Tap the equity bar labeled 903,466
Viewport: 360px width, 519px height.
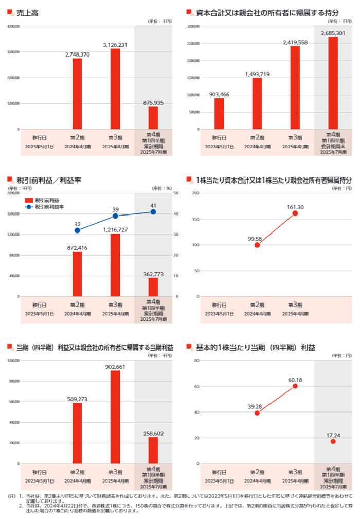coord(219,114)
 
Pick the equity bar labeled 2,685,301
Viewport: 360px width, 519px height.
coord(333,83)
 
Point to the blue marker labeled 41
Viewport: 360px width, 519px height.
coord(153,212)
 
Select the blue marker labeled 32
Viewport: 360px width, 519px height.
coord(77,230)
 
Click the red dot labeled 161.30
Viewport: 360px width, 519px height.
coord(295,213)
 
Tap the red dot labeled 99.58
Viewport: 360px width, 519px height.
coord(257,245)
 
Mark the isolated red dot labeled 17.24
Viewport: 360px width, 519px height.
coord(333,441)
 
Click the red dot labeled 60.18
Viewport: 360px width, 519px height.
coord(295,386)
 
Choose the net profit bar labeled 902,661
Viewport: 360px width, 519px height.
coord(115,417)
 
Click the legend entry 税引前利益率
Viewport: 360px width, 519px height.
coord(49,207)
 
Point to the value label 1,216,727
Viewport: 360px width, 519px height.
coord(115,229)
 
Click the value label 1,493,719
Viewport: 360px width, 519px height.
coord(257,74)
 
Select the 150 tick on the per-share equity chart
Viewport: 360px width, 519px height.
coord(196,219)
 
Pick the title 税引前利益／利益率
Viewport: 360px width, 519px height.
coord(49,180)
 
